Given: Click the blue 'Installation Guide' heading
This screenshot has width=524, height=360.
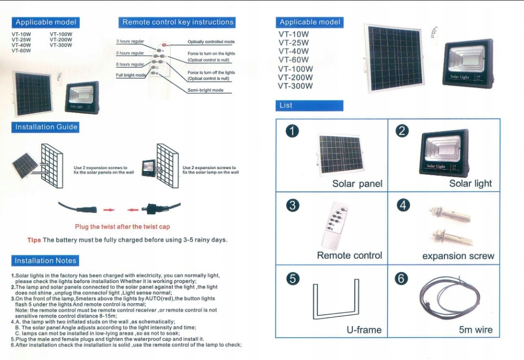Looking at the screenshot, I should point(46,127).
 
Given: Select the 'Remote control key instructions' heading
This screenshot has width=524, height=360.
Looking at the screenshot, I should point(178,22).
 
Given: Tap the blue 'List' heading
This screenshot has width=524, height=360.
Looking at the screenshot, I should point(286,105).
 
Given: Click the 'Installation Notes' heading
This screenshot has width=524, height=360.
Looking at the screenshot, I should point(45,261).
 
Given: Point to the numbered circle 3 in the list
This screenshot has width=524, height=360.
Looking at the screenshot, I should point(293,205).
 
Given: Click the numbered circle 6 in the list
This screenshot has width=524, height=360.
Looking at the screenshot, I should point(401,279).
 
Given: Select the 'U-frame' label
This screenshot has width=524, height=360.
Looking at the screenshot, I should point(364,330).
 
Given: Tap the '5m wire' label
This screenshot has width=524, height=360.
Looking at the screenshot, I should point(476,330).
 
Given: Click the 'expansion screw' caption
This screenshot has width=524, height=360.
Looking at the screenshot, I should point(458,256).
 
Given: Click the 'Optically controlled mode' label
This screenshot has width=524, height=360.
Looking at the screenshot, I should point(211,42).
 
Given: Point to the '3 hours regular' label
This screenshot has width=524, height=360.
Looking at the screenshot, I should point(130,41).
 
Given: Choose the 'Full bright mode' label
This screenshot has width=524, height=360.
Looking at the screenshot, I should point(131,75).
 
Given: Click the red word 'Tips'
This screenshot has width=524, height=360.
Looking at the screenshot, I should point(34,240).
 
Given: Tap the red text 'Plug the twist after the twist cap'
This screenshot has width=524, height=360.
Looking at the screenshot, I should point(122,226).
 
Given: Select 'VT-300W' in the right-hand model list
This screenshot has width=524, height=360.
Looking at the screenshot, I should point(296,86).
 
